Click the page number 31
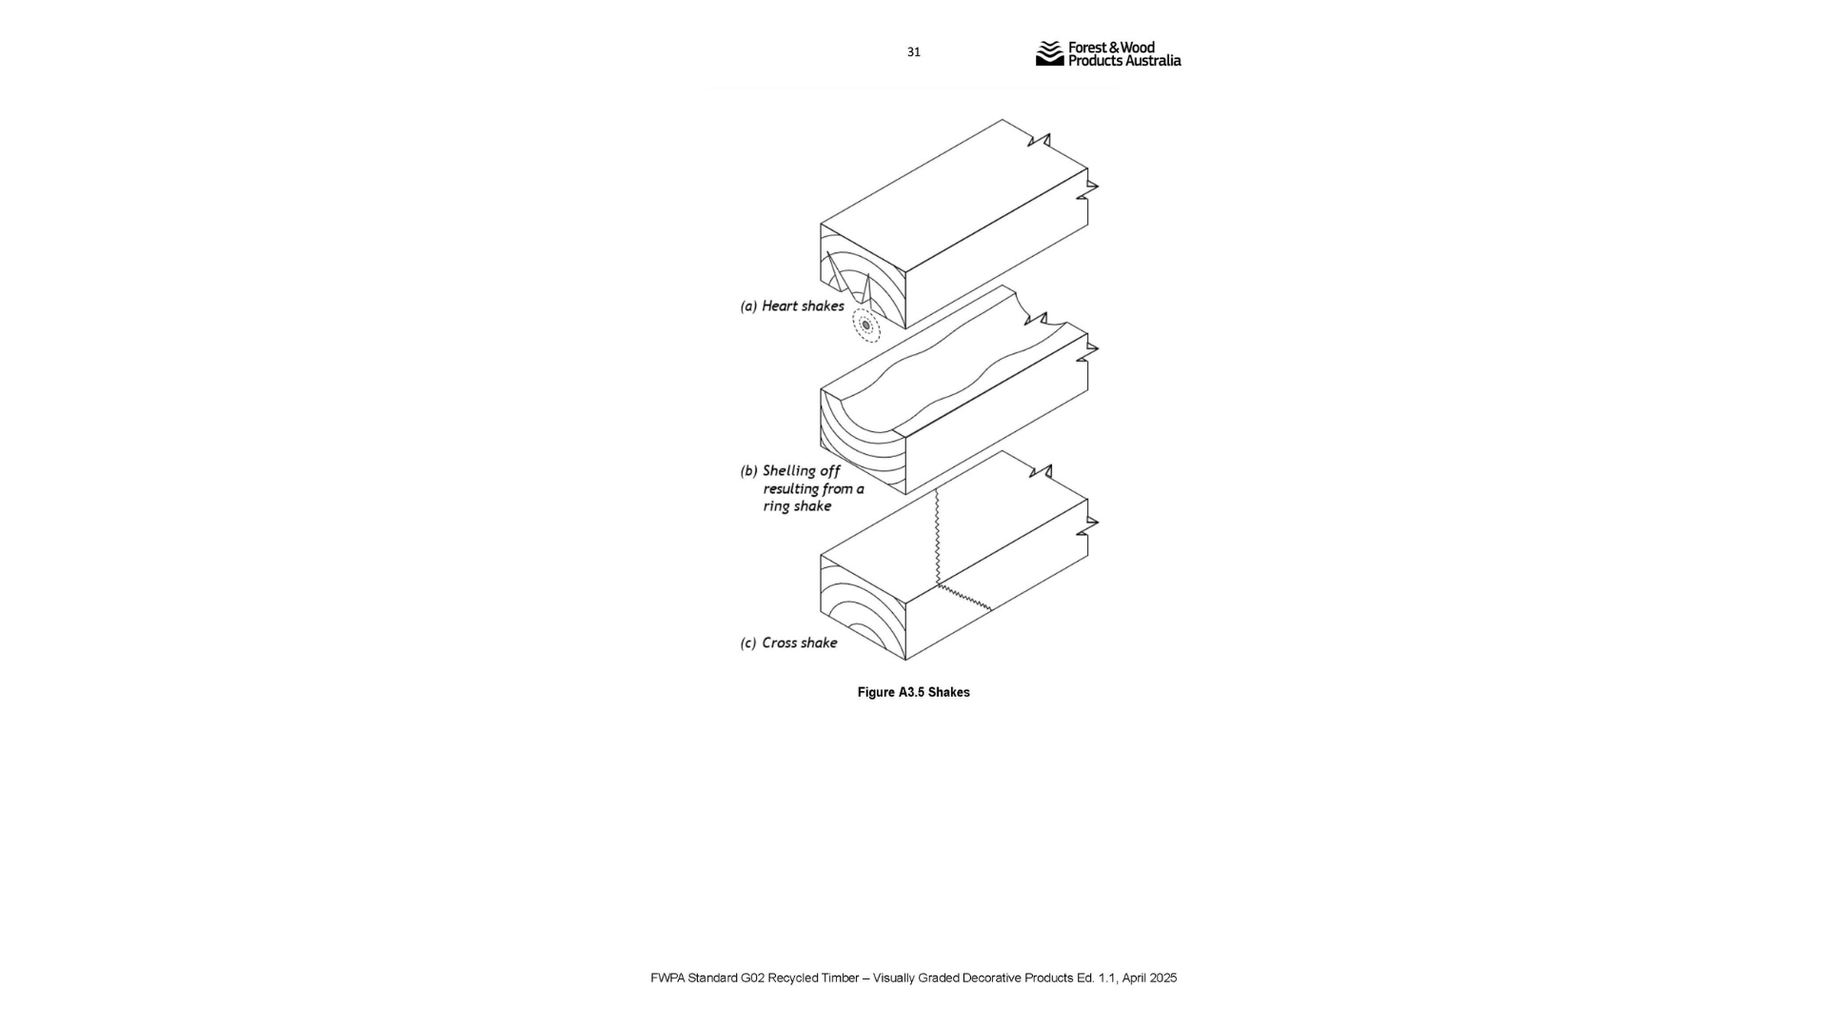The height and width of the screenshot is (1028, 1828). tap(913, 52)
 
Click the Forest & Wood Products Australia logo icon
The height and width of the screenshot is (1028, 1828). tap(1049, 53)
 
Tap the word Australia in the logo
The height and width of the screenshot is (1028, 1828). tap(1153, 61)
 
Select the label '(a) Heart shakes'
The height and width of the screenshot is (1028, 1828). tap(792, 306)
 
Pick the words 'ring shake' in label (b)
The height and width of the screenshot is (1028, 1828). tap(797, 506)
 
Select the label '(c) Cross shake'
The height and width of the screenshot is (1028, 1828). tap(788, 643)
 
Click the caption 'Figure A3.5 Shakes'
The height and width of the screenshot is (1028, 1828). tap(913, 693)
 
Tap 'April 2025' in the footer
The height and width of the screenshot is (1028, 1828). tap(1149, 979)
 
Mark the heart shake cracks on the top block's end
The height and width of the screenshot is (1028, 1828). tap(847, 274)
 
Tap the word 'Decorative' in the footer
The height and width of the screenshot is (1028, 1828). tap(991, 979)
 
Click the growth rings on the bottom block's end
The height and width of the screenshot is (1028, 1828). tap(857, 609)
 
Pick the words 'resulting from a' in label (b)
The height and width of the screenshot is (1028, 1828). tap(813, 489)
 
